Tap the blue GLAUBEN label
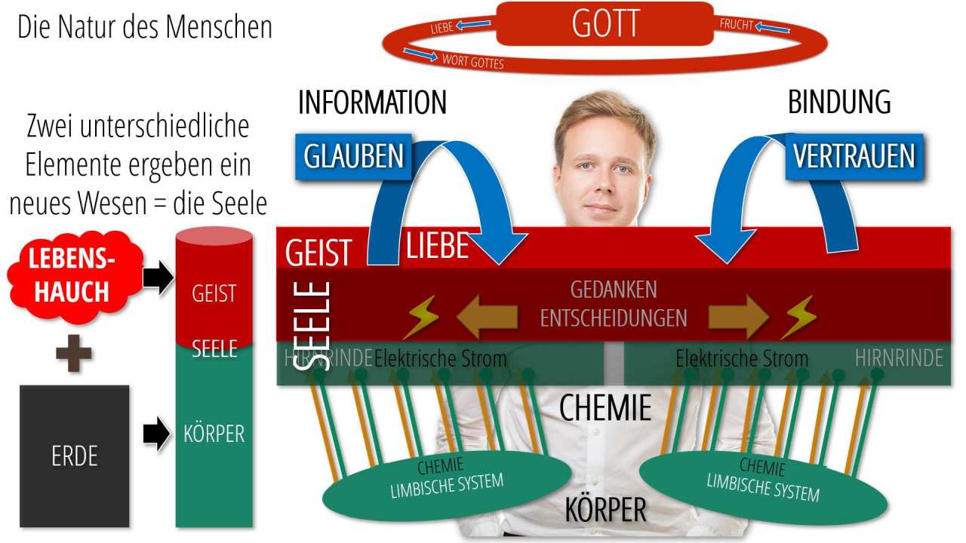point(353,157)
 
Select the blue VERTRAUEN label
point(854,157)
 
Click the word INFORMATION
point(372,103)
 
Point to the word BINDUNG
point(839,103)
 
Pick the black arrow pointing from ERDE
point(157,435)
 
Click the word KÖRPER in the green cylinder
point(214,435)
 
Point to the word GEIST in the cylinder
point(214,293)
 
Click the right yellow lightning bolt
point(798,317)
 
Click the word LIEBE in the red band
point(438,247)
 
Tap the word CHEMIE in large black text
point(605,408)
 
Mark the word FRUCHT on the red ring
point(736,24)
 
